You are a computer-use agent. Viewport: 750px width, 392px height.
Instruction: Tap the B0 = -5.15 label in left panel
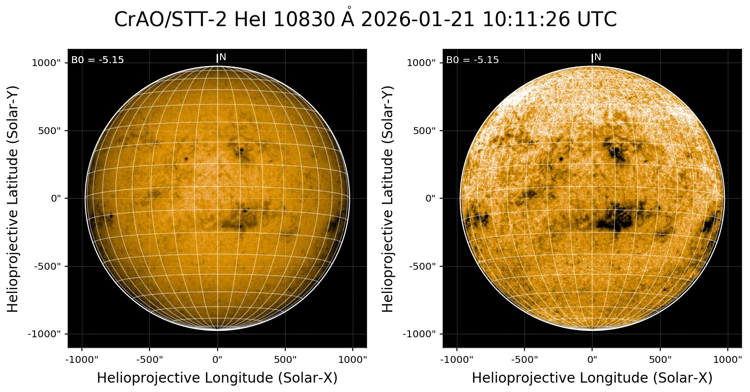tap(98, 60)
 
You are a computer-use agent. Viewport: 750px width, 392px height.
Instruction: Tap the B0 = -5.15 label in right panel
tap(473, 60)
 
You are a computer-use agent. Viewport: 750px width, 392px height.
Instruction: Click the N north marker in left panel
tap(223, 57)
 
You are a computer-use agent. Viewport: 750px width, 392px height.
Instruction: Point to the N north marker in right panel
tap(598, 57)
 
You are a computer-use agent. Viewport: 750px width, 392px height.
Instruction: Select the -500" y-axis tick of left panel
tap(49, 266)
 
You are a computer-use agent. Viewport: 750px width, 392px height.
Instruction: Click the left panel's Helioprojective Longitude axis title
tap(217, 378)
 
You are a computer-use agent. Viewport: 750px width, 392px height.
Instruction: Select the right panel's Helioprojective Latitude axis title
tap(388, 198)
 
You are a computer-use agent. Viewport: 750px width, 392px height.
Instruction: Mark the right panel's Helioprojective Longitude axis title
tap(592, 378)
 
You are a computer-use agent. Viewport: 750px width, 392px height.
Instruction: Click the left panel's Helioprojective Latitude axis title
tap(13, 198)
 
